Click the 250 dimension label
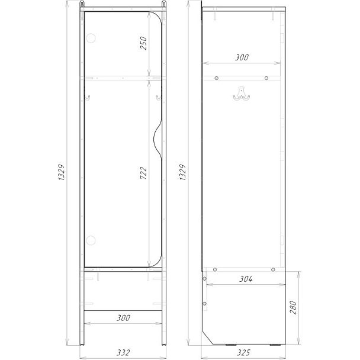pyautogui.click(x=143, y=43)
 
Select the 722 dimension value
pyautogui.click(x=143, y=173)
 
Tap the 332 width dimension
pyautogui.click(x=123, y=352)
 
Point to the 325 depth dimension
pyautogui.click(x=243, y=352)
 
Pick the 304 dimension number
pyautogui.click(x=246, y=279)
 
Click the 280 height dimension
pyautogui.click(x=293, y=307)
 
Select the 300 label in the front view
pyautogui.click(x=124, y=318)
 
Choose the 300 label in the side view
pyautogui.click(x=242, y=57)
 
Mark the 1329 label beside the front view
pyautogui.click(x=62, y=172)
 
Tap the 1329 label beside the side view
pyautogui.click(x=182, y=172)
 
